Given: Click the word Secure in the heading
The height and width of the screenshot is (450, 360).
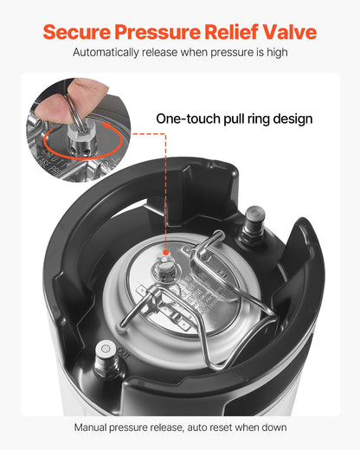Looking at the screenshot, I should click(x=76, y=32).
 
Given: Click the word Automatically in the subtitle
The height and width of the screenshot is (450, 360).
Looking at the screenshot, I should click(x=108, y=53).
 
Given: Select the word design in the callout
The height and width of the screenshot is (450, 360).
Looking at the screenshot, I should click(x=291, y=119).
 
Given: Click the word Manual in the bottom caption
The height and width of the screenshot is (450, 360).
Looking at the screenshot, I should click(x=93, y=427).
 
